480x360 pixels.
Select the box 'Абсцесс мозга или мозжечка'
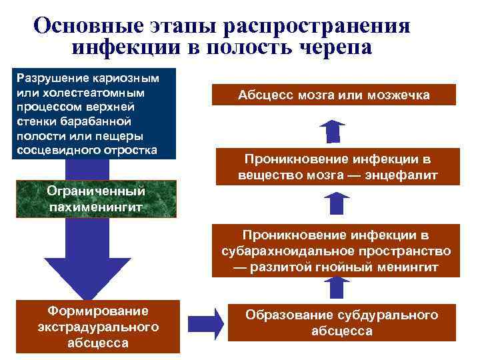pos(334,95)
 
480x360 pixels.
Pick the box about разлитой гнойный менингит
pos(336,251)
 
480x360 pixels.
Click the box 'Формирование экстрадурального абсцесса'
pos(98,327)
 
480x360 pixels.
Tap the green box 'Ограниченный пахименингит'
pos(96,199)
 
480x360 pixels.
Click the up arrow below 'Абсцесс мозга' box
pos(333,131)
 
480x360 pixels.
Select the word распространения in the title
pos(317,25)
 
